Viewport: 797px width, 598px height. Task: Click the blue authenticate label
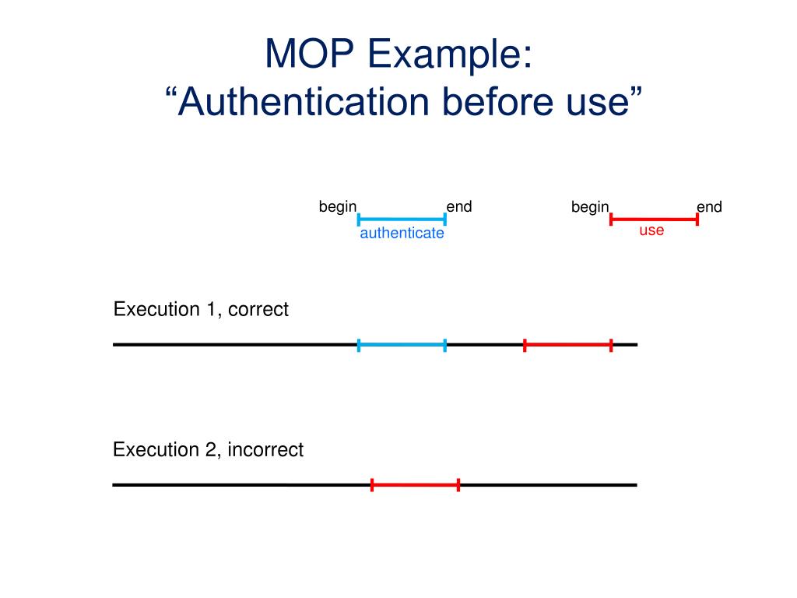click(402, 233)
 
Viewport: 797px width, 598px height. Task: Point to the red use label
click(651, 230)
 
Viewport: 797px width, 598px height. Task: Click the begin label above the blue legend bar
click(338, 206)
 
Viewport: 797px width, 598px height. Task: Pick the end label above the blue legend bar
click(458, 206)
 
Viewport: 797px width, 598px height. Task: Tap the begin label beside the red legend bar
click(590, 207)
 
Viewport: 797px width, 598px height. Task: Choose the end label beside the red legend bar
click(709, 207)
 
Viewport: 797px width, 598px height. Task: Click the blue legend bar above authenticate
click(402, 220)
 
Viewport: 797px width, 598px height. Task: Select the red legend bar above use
click(654, 219)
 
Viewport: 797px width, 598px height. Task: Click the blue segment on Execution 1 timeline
click(402, 344)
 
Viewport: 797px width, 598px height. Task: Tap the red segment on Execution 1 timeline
click(568, 344)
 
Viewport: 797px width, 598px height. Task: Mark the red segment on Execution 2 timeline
click(415, 485)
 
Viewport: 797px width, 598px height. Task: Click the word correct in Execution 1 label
click(258, 309)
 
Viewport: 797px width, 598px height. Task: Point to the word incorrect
click(265, 449)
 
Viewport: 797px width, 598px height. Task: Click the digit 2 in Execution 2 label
click(211, 449)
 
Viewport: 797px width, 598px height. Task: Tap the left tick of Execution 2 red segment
click(372, 485)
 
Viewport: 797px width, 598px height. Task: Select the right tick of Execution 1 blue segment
click(444, 345)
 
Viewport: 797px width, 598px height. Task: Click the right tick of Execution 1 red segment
click(611, 345)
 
